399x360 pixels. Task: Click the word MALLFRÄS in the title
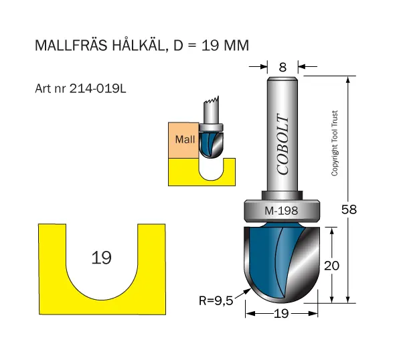[x=71, y=46]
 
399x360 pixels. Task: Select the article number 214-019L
[x=98, y=89]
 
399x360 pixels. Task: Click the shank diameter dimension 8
[x=283, y=68]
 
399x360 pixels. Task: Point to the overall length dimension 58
[x=349, y=209]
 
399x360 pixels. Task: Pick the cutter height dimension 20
[x=331, y=266]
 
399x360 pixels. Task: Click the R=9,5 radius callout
[x=216, y=300]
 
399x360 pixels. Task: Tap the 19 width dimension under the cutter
[x=281, y=314]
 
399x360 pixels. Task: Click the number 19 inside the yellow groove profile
[x=101, y=258]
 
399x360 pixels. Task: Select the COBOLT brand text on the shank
[x=283, y=145]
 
